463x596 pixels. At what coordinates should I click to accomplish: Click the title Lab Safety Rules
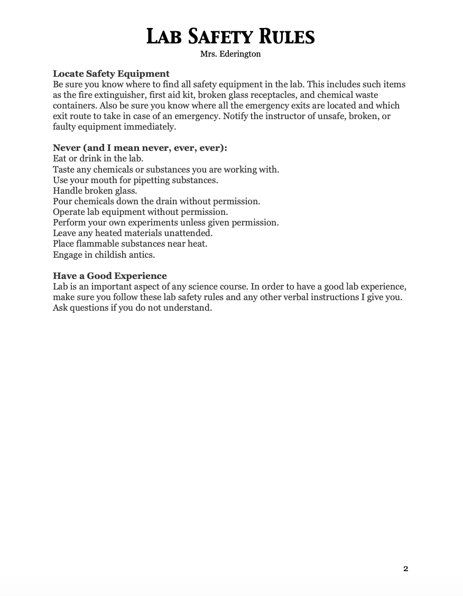(x=230, y=37)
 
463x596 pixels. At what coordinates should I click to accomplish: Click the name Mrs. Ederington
(x=230, y=54)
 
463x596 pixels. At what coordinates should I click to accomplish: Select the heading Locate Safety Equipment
(x=111, y=74)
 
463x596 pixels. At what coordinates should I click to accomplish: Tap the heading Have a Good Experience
(x=109, y=276)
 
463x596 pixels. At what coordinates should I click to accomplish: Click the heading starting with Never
(x=140, y=148)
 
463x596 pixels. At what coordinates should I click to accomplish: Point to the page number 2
(x=405, y=569)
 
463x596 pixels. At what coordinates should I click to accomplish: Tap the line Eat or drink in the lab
(x=98, y=158)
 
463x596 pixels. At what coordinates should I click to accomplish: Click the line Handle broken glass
(x=95, y=191)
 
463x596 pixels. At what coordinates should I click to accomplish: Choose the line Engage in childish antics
(x=104, y=255)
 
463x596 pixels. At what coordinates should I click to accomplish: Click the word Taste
(x=63, y=169)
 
